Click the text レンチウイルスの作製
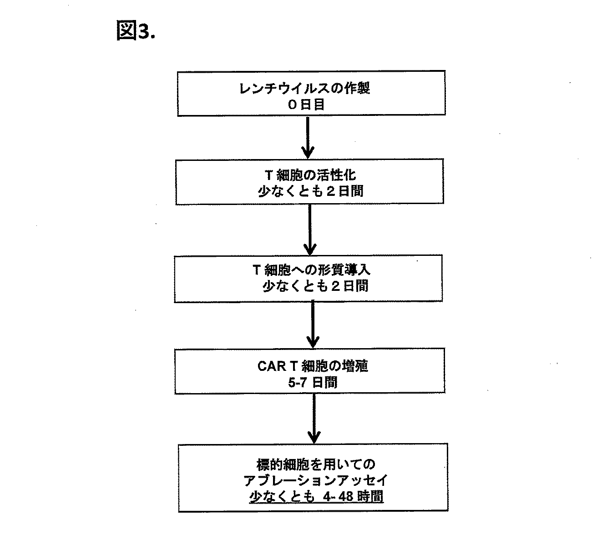(304, 88)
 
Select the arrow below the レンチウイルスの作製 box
(308, 136)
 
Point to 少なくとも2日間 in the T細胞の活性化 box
(310, 191)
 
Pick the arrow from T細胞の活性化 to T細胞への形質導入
(310, 230)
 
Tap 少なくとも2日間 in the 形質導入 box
(315, 286)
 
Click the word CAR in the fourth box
(272, 366)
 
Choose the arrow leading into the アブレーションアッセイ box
(314, 418)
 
